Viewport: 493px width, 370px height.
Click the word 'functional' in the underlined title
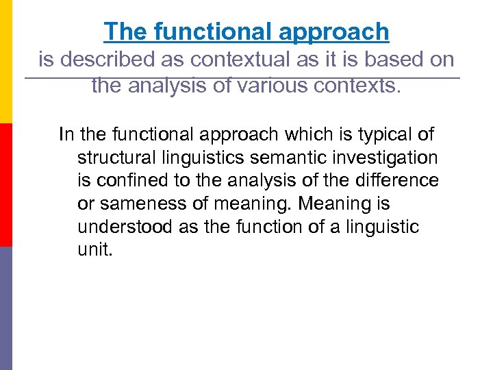coord(206,32)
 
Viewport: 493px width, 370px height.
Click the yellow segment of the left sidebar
coord(6,62)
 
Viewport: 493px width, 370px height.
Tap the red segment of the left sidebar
coord(6,185)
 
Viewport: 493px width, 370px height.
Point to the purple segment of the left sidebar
coord(6,308)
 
